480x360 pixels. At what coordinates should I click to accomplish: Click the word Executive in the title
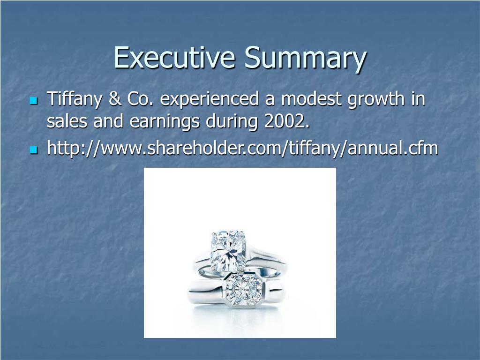(174, 58)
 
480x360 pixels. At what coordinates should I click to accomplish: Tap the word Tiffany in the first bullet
(74, 99)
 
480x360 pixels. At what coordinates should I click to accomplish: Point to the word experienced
(211, 99)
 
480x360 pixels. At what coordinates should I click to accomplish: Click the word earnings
(165, 123)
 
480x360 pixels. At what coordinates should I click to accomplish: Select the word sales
(67, 122)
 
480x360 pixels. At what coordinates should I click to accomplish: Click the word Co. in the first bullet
(140, 99)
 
